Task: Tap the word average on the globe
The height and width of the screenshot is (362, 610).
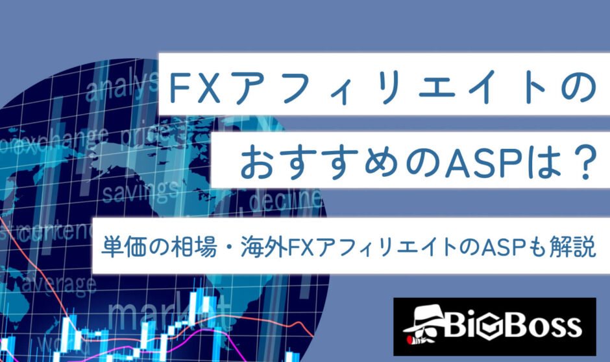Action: [58, 283]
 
